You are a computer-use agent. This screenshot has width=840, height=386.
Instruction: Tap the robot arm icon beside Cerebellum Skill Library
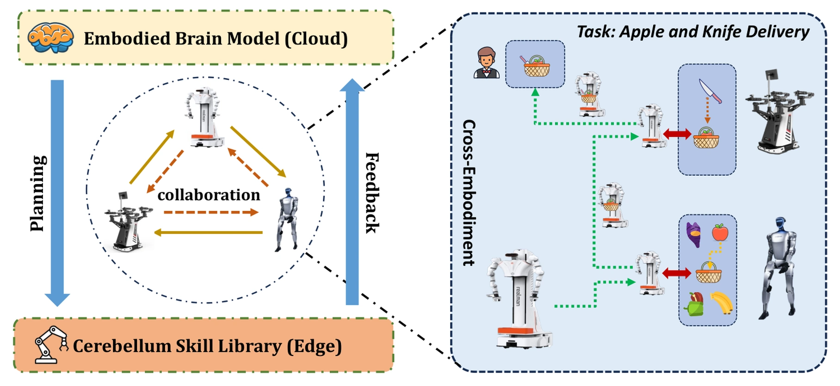coord(50,344)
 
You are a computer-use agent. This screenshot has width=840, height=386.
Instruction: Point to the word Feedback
coord(372,193)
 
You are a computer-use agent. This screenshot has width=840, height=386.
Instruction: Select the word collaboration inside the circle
coord(209,195)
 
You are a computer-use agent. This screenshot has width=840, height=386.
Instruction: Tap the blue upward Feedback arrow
coord(352,191)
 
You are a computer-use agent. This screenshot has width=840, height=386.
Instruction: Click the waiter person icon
coord(486,62)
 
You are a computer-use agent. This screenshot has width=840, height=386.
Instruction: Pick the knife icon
coord(710,91)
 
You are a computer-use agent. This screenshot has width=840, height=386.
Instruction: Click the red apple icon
coord(720,232)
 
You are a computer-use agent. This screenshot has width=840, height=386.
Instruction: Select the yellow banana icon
coord(721,303)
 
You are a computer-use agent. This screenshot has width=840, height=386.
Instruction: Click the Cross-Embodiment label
coord(469,193)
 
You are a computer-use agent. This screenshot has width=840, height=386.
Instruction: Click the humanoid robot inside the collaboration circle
coord(287,220)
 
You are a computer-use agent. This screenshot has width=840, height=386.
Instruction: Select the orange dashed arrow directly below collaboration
coord(211,212)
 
